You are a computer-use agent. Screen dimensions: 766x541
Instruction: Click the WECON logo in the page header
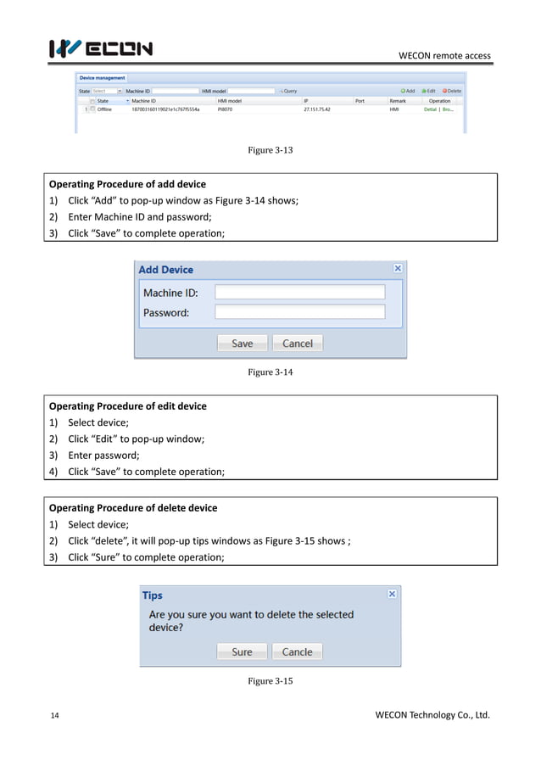pos(101,48)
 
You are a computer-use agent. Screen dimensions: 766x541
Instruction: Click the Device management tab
pos(103,78)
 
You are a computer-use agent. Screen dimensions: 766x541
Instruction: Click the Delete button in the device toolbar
pos(452,91)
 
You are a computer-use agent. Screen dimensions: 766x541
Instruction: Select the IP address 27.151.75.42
pos(317,109)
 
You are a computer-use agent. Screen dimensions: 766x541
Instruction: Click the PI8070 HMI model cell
pos(226,109)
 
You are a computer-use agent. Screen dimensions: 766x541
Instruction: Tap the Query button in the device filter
pos(287,91)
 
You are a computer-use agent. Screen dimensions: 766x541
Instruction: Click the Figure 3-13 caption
pos(270,150)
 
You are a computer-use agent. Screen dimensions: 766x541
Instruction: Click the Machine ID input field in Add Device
pos(299,292)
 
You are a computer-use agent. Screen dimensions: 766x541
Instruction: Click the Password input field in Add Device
pos(299,312)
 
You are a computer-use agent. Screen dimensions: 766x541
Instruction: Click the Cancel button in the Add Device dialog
pos(297,344)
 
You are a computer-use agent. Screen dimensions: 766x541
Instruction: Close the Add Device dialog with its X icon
pos(398,268)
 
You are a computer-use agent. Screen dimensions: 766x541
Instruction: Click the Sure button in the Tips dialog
pos(242,652)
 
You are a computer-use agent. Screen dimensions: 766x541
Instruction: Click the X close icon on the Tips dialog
pos(392,595)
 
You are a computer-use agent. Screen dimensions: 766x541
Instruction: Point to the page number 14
pos(54,716)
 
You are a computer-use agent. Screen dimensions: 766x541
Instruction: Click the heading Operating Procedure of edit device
pos(128,406)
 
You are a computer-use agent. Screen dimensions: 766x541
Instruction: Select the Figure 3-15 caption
pos(270,681)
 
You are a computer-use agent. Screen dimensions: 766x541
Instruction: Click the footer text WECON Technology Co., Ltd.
pos(432,715)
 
